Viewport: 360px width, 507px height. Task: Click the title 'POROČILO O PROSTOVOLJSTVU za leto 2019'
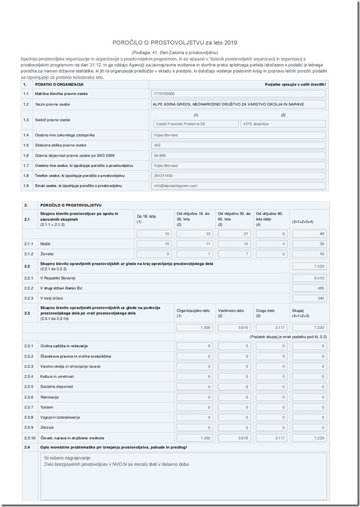pyautogui.click(x=175, y=43)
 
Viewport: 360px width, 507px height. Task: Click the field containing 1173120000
pyautogui.click(x=238, y=94)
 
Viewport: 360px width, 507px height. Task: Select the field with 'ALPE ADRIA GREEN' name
pyautogui.click(x=238, y=104)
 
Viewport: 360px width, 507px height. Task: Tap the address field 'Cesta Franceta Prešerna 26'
pyautogui.click(x=194, y=124)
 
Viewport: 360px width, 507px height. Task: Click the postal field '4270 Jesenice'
pyautogui.click(x=283, y=124)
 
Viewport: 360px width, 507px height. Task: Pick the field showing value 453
pyautogui.click(x=238, y=145)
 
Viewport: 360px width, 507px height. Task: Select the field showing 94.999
pyautogui.click(x=238, y=155)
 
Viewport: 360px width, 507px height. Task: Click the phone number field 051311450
pyautogui.click(x=238, y=176)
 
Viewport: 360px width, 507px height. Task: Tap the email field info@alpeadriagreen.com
pyautogui.click(x=238, y=186)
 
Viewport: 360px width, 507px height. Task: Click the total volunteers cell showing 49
pyautogui.click(x=309, y=234)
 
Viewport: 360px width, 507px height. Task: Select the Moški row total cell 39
pyautogui.click(x=309, y=244)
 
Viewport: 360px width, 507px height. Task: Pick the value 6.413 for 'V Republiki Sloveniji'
pyautogui.click(x=309, y=278)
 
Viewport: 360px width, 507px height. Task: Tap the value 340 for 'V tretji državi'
pyautogui.click(x=309, y=298)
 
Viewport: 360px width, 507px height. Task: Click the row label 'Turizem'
pyautogui.click(x=48, y=407)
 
